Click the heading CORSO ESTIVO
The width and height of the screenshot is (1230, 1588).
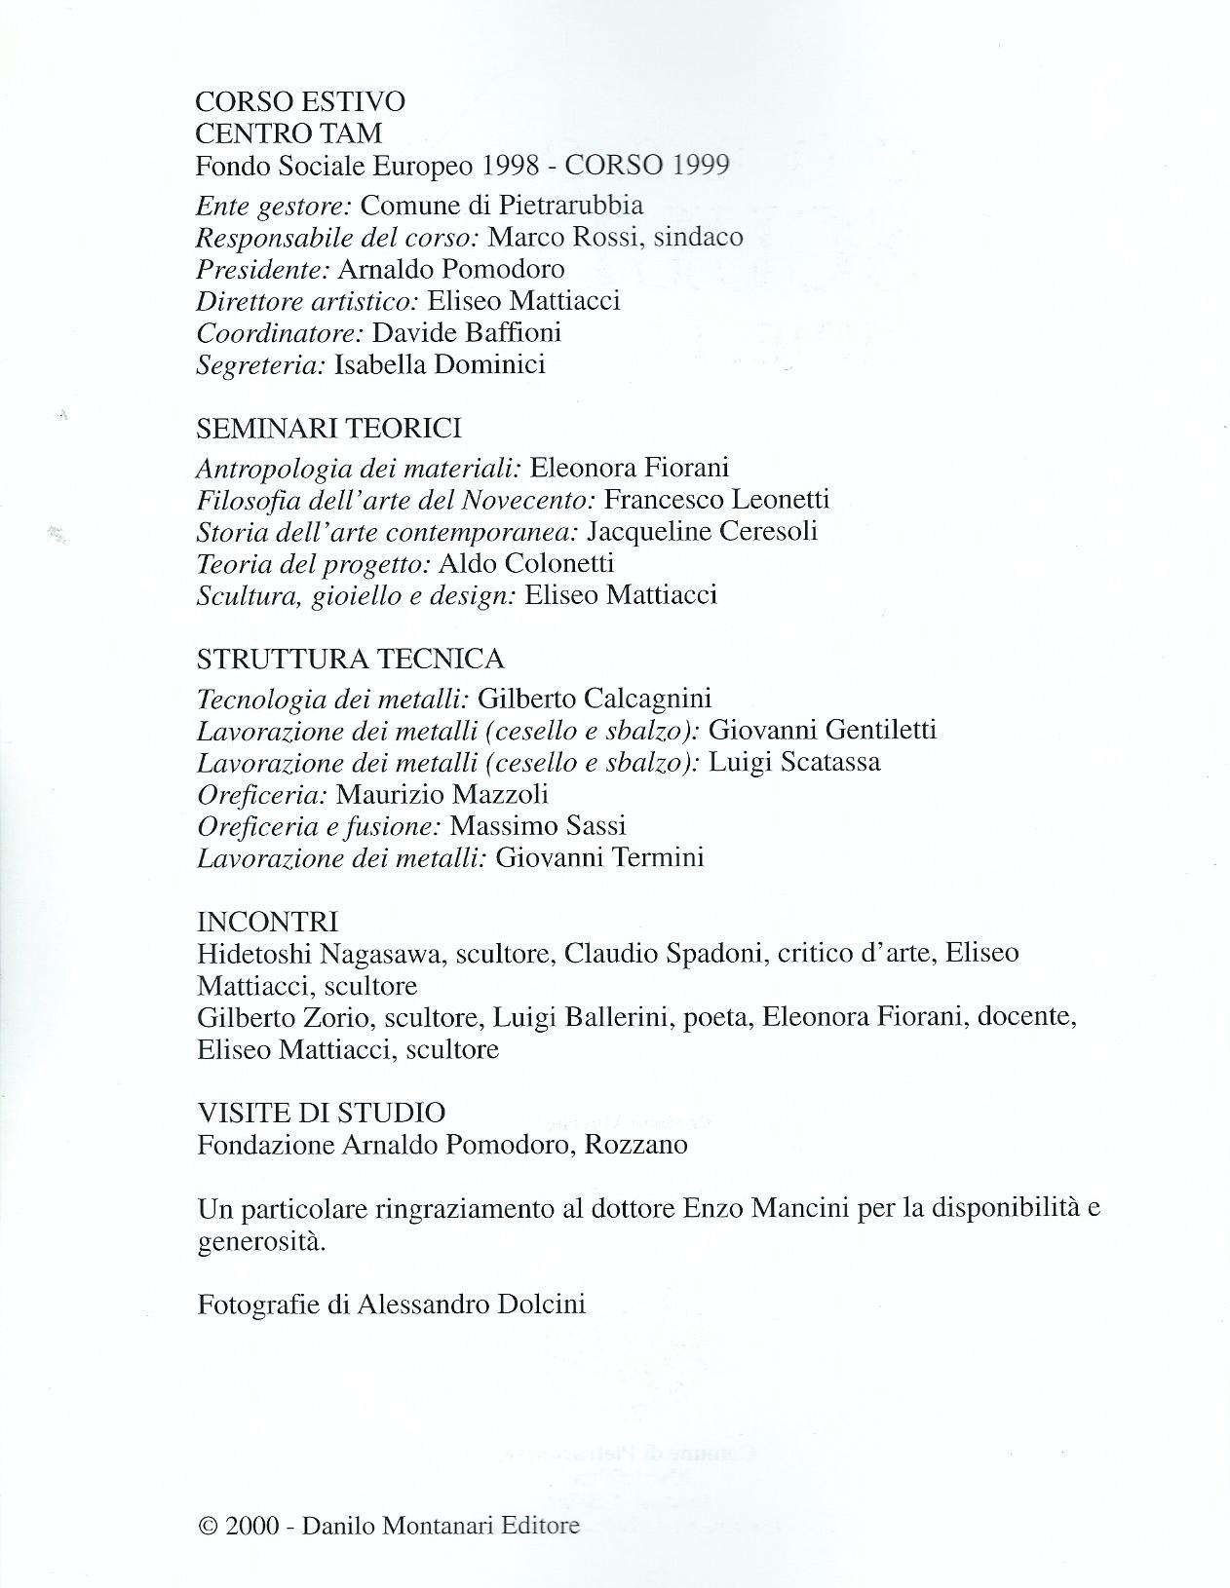300,101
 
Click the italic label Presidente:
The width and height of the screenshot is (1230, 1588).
262,269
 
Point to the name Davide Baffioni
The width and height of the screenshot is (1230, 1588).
467,332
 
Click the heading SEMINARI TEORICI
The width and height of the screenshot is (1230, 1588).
328,428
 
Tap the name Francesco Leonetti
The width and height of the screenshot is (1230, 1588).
716,500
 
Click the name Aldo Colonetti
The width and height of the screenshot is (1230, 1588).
526,563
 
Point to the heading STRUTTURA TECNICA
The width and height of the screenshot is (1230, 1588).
350,660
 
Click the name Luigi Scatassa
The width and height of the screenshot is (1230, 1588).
794,762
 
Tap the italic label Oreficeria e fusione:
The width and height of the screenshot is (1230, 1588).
320,826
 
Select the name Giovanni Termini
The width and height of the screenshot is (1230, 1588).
598,858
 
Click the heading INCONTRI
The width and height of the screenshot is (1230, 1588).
267,922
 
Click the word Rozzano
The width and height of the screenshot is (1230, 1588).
635,1145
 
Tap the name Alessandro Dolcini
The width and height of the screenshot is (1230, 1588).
472,1304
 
